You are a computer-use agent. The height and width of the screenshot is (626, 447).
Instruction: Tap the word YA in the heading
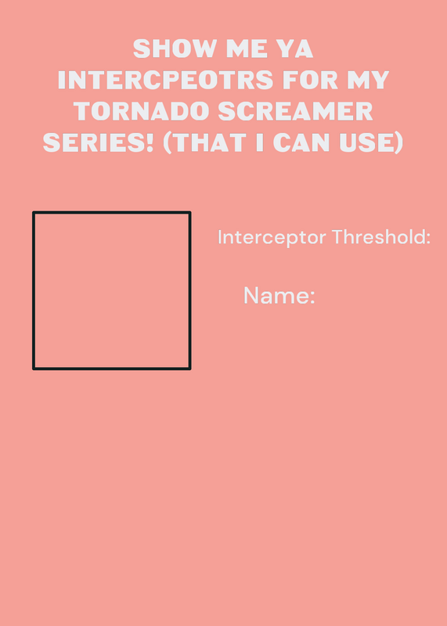pyautogui.click(x=294, y=49)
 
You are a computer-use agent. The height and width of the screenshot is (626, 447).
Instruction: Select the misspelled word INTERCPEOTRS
pyautogui.click(x=165, y=80)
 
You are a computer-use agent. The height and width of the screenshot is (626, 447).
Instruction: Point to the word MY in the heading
pyautogui.click(x=368, y=80)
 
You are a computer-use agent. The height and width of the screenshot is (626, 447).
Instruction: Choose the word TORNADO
pyautogui.click(x=142, y=111)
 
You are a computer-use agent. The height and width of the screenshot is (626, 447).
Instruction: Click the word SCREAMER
pyautogui.click(x=296, y=111)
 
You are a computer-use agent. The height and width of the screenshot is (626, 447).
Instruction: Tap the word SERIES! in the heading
pyautogui.click(x=99, y=142)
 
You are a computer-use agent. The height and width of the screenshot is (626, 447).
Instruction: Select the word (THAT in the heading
pyautogui.click(x=205, y=143)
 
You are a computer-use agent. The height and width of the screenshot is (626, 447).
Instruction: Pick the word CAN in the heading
pyautogui.click(x=301, y=142)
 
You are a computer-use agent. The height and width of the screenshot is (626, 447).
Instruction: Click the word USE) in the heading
pyautogui.click(x=371, y=143)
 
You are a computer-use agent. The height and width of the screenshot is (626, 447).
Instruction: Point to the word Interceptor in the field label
pyautogui.click(x=272, y=238)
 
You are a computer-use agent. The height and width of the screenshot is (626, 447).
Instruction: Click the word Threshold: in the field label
pyautogui.click(x=381, y=237)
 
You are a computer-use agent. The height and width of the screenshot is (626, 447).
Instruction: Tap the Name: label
pyautogui.click(x=279, y=296)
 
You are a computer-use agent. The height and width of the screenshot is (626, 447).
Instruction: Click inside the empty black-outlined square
pyautogui.click(x=111, y=290)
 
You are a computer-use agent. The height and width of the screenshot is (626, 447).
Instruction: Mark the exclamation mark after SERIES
pyautogui.click(x=150, y=142)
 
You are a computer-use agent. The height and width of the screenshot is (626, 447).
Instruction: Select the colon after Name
pyautogui.click(x=312, y=298)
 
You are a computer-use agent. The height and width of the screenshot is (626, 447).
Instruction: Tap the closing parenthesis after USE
pyautogui.click(x=399, y=143)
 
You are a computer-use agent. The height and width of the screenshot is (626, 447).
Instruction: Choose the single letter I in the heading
pyautogui.click(x=260, y=142)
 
